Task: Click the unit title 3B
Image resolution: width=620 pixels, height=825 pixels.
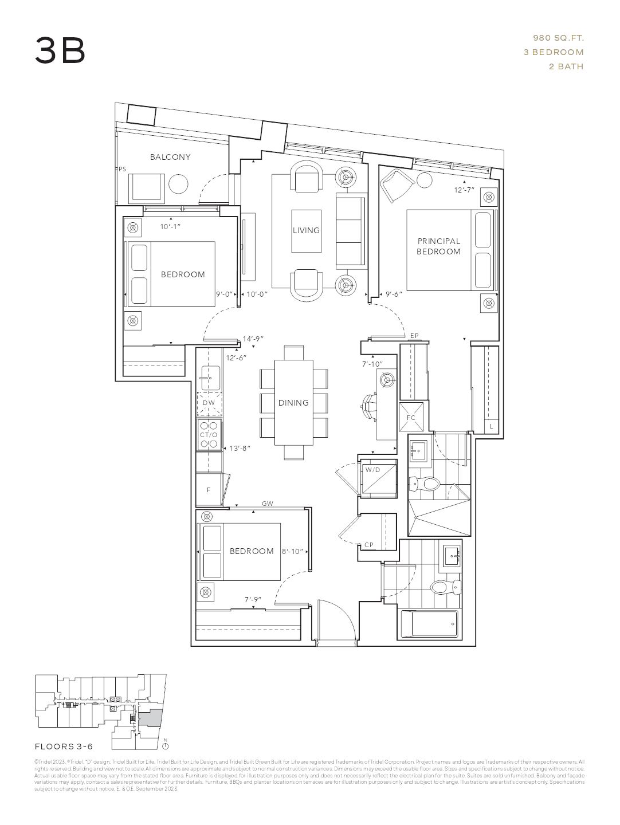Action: tap(60, 50)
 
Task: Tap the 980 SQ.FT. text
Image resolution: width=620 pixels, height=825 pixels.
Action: tap(558, 38)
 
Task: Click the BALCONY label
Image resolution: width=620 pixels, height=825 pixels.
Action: tap(170, 157)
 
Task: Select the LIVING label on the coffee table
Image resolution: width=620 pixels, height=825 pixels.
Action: tap(306, 230)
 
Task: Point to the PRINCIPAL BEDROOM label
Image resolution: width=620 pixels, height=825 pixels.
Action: tap(438, 246)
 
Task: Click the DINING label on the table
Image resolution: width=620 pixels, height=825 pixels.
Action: tap(293, 403)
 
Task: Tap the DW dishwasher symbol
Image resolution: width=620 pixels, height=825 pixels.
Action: tap(209, 403)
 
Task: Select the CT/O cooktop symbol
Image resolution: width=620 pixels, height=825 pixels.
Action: tap(209, 435)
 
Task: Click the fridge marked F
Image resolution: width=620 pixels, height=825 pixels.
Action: tap(209, 490)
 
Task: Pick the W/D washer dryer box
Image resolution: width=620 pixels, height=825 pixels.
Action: tap(372, 470)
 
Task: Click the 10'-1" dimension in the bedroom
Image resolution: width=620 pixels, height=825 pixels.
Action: tap(170, 227)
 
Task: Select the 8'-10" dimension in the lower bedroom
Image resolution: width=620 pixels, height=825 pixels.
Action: tap(292, 551)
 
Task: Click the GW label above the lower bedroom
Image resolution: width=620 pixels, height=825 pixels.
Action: tap(267, 504)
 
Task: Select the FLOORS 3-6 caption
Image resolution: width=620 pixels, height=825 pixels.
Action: tap(64, 747)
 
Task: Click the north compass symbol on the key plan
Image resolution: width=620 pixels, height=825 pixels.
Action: tap(165, 745)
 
